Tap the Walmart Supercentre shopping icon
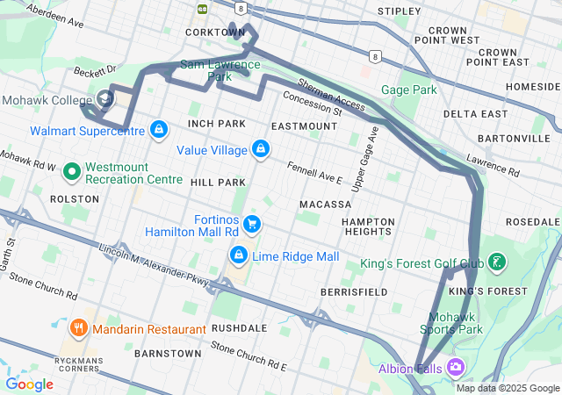tap(157, 131)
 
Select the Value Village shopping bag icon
tap(260, 150)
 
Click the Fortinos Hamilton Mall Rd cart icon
tap(252, 224)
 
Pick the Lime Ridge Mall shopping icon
tap(238, 255)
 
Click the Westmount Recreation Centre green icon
tap(70, 172)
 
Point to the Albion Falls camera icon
tap(456, 367)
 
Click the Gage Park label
tap(408, 90)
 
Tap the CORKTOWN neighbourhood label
tap(215, 32)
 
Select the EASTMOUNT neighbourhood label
tap(304, 126)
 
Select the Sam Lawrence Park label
tap(220, 70)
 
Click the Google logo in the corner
tap(29, 384)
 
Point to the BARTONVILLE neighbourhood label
tap(513, 139)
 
